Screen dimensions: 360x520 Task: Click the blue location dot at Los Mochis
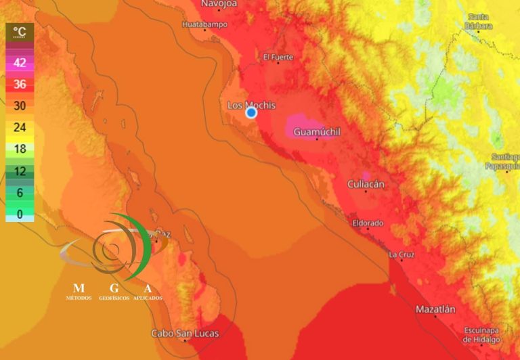pos(251,112)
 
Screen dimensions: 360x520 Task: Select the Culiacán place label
pos(366,184)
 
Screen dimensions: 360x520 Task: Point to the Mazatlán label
pos(435,309)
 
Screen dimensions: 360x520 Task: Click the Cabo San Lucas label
pos(185,333)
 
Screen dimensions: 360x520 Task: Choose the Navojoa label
pos(218,4)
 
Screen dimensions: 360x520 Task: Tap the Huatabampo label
pos(205,25)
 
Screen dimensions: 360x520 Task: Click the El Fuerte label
pos(278,57)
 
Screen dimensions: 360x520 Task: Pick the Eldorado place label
pos(368,223)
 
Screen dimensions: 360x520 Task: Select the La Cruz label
pos(402,254)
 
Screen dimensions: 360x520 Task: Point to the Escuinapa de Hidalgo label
pos(482,334)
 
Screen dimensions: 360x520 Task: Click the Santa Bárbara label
pos(479,20)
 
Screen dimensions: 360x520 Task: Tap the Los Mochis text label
pos(251,105)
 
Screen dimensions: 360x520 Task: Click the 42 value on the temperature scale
pos(20,63)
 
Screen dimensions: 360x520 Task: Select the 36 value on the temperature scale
pos(20,84)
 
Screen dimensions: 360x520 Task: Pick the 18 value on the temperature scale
pos(20,149)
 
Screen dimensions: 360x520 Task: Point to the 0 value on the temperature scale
pos(20,214)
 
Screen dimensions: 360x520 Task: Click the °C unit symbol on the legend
pos(20,31)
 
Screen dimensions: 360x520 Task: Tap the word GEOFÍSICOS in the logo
pos(114,298)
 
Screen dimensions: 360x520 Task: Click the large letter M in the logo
pos(79,288)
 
